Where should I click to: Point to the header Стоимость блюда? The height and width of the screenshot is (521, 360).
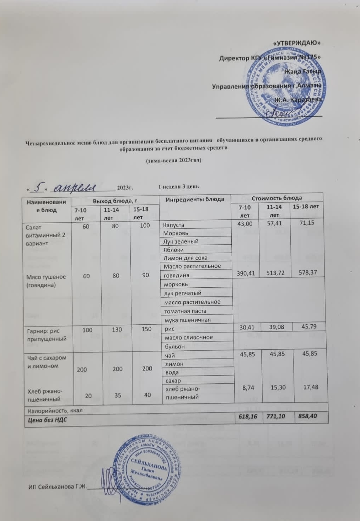point(276,198)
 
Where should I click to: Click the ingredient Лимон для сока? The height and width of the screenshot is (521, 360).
point(185,258)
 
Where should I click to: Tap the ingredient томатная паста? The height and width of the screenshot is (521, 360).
point(185,311)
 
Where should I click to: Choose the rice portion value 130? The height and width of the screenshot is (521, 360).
point(117,330)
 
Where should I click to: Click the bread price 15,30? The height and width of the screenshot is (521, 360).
point(278,387)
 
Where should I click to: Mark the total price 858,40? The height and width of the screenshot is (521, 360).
point(308,416)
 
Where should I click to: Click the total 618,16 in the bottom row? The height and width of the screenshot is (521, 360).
point(247,416)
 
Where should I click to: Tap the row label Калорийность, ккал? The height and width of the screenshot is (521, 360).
point(55,410)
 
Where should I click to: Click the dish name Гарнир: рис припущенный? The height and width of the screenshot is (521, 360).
point(47,335)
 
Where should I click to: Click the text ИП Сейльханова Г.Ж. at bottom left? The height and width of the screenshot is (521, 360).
point(58,487)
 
